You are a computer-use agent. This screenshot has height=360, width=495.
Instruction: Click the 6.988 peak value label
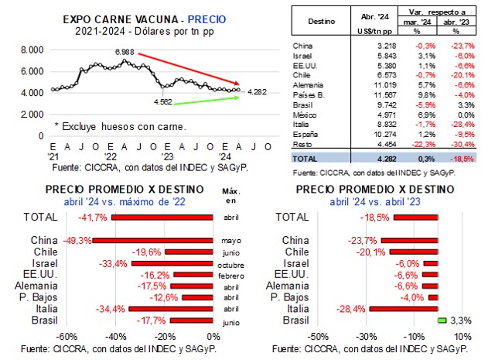click(124, 51)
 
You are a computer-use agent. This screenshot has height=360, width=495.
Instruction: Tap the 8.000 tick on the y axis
click(32, 50)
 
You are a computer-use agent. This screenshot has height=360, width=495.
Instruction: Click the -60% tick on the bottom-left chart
click(67, 337)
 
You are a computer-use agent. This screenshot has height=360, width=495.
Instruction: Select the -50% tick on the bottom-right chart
click(318, 337)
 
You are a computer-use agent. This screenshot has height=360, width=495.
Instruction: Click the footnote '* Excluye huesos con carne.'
click(121, 124)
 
